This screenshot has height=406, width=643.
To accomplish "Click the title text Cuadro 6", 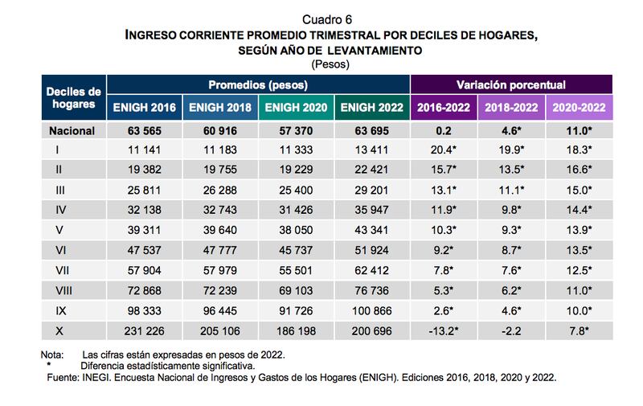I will (327, 18).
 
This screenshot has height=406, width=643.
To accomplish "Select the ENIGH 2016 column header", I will (145, 107).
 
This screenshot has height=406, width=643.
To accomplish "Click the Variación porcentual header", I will (511, 84).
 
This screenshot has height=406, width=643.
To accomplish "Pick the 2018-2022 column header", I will (510, 107).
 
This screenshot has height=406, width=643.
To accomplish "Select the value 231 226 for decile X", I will (145, 330).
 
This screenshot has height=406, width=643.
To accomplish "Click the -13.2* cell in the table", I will (441, 330).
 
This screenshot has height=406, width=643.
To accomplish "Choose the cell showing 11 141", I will (145, 150).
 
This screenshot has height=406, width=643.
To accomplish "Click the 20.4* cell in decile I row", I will (441, 150).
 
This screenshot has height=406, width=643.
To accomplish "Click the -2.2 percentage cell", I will (510, 330).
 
